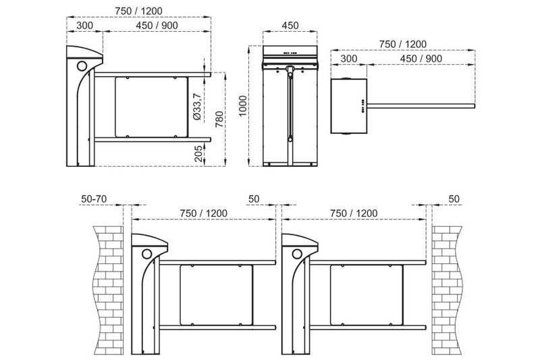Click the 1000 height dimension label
click(x=243, y=106)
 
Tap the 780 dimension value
click(x=219, y=119)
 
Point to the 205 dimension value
click(x=198, y=153)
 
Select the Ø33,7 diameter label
click(x=197, y=107)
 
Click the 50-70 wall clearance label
click(x=94, y=199)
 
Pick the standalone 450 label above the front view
click(x=290, y=26)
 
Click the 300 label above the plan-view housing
click(x=349, y=59)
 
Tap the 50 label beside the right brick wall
click(x=454, y=199)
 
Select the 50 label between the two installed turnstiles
click(x=254, y=199)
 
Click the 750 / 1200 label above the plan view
click(x=403, y=44)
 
